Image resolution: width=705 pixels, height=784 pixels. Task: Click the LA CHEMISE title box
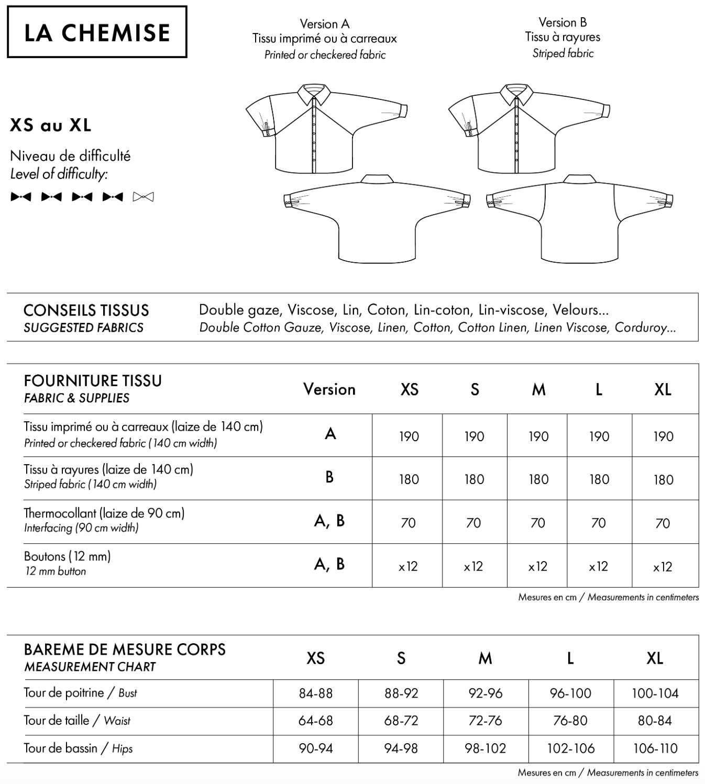[x=97, y=32]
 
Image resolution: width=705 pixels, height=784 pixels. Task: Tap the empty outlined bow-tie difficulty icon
[x=144, y=197]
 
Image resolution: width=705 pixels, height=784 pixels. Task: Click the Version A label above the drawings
[x=324, y=24]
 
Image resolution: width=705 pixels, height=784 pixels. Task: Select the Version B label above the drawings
[x=563, y=23]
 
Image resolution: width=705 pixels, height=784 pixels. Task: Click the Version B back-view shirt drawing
[x=580, y=220]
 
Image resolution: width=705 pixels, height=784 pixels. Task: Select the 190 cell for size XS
[x=409, y=436]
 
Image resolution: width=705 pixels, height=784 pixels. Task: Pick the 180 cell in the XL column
[x=663, y=479]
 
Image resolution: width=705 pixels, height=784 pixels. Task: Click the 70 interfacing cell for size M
[x=538, y=523]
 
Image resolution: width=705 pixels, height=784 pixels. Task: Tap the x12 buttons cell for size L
[x=598, y=566]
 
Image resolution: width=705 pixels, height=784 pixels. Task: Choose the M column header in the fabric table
[x=538, y=389]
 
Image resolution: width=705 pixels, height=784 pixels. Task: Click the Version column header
[x=329, y=389]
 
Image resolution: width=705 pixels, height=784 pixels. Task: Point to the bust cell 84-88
[x=316, y=693]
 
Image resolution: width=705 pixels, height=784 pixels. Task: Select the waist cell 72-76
[x=486, y=721]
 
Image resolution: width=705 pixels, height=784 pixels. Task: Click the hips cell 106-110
[x=655, y=748]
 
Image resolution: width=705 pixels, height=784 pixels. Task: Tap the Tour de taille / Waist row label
[x=77, y=721]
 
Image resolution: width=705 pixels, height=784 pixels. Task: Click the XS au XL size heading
[x=51, y=125]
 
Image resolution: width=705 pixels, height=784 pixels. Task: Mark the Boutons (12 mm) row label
[x=68, y=556]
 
